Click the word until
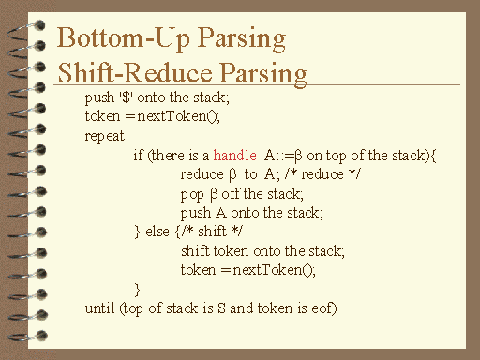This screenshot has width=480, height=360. [98, 307]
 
